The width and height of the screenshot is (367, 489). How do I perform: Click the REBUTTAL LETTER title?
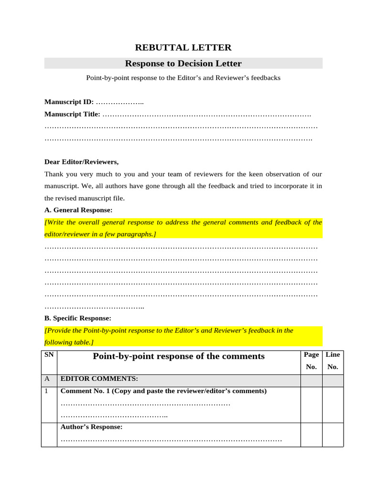[x=183, y=47]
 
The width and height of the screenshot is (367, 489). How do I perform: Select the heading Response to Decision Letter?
[x=183, y=64]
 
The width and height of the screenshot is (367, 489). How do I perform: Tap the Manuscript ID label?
[x=69, y=102]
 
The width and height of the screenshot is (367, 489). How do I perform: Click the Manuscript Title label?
[x=72, y=114]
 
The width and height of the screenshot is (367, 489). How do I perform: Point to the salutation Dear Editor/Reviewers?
[x=81, y=162]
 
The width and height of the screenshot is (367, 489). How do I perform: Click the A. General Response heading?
[x=78, y=210]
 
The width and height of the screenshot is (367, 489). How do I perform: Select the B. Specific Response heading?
[x=78, y=318]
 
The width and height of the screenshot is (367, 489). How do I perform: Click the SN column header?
[x=48, y=355]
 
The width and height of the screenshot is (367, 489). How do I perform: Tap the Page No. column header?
[x=311, y=361]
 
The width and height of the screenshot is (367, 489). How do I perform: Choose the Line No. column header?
[x=333, y=361]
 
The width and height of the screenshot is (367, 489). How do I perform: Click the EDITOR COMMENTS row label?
[x=99, y=379]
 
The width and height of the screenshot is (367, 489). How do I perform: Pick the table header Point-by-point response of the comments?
[x=178, y=356]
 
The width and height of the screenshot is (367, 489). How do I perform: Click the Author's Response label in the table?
[x=91, y=427]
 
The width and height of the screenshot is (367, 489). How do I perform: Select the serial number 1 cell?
[x=47, y=391]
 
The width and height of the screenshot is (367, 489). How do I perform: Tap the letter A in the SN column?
[x=47, y=379]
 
